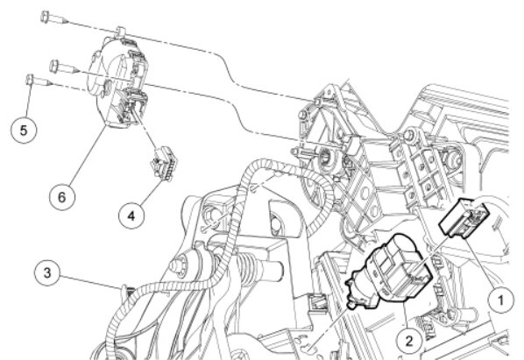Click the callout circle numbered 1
[500, 300]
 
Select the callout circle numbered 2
[409, 341]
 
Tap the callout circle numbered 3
[47, 272]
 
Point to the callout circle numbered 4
[131, 215]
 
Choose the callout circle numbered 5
[24, 130]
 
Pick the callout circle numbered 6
[62, 197]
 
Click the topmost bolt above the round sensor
[54, 18]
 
